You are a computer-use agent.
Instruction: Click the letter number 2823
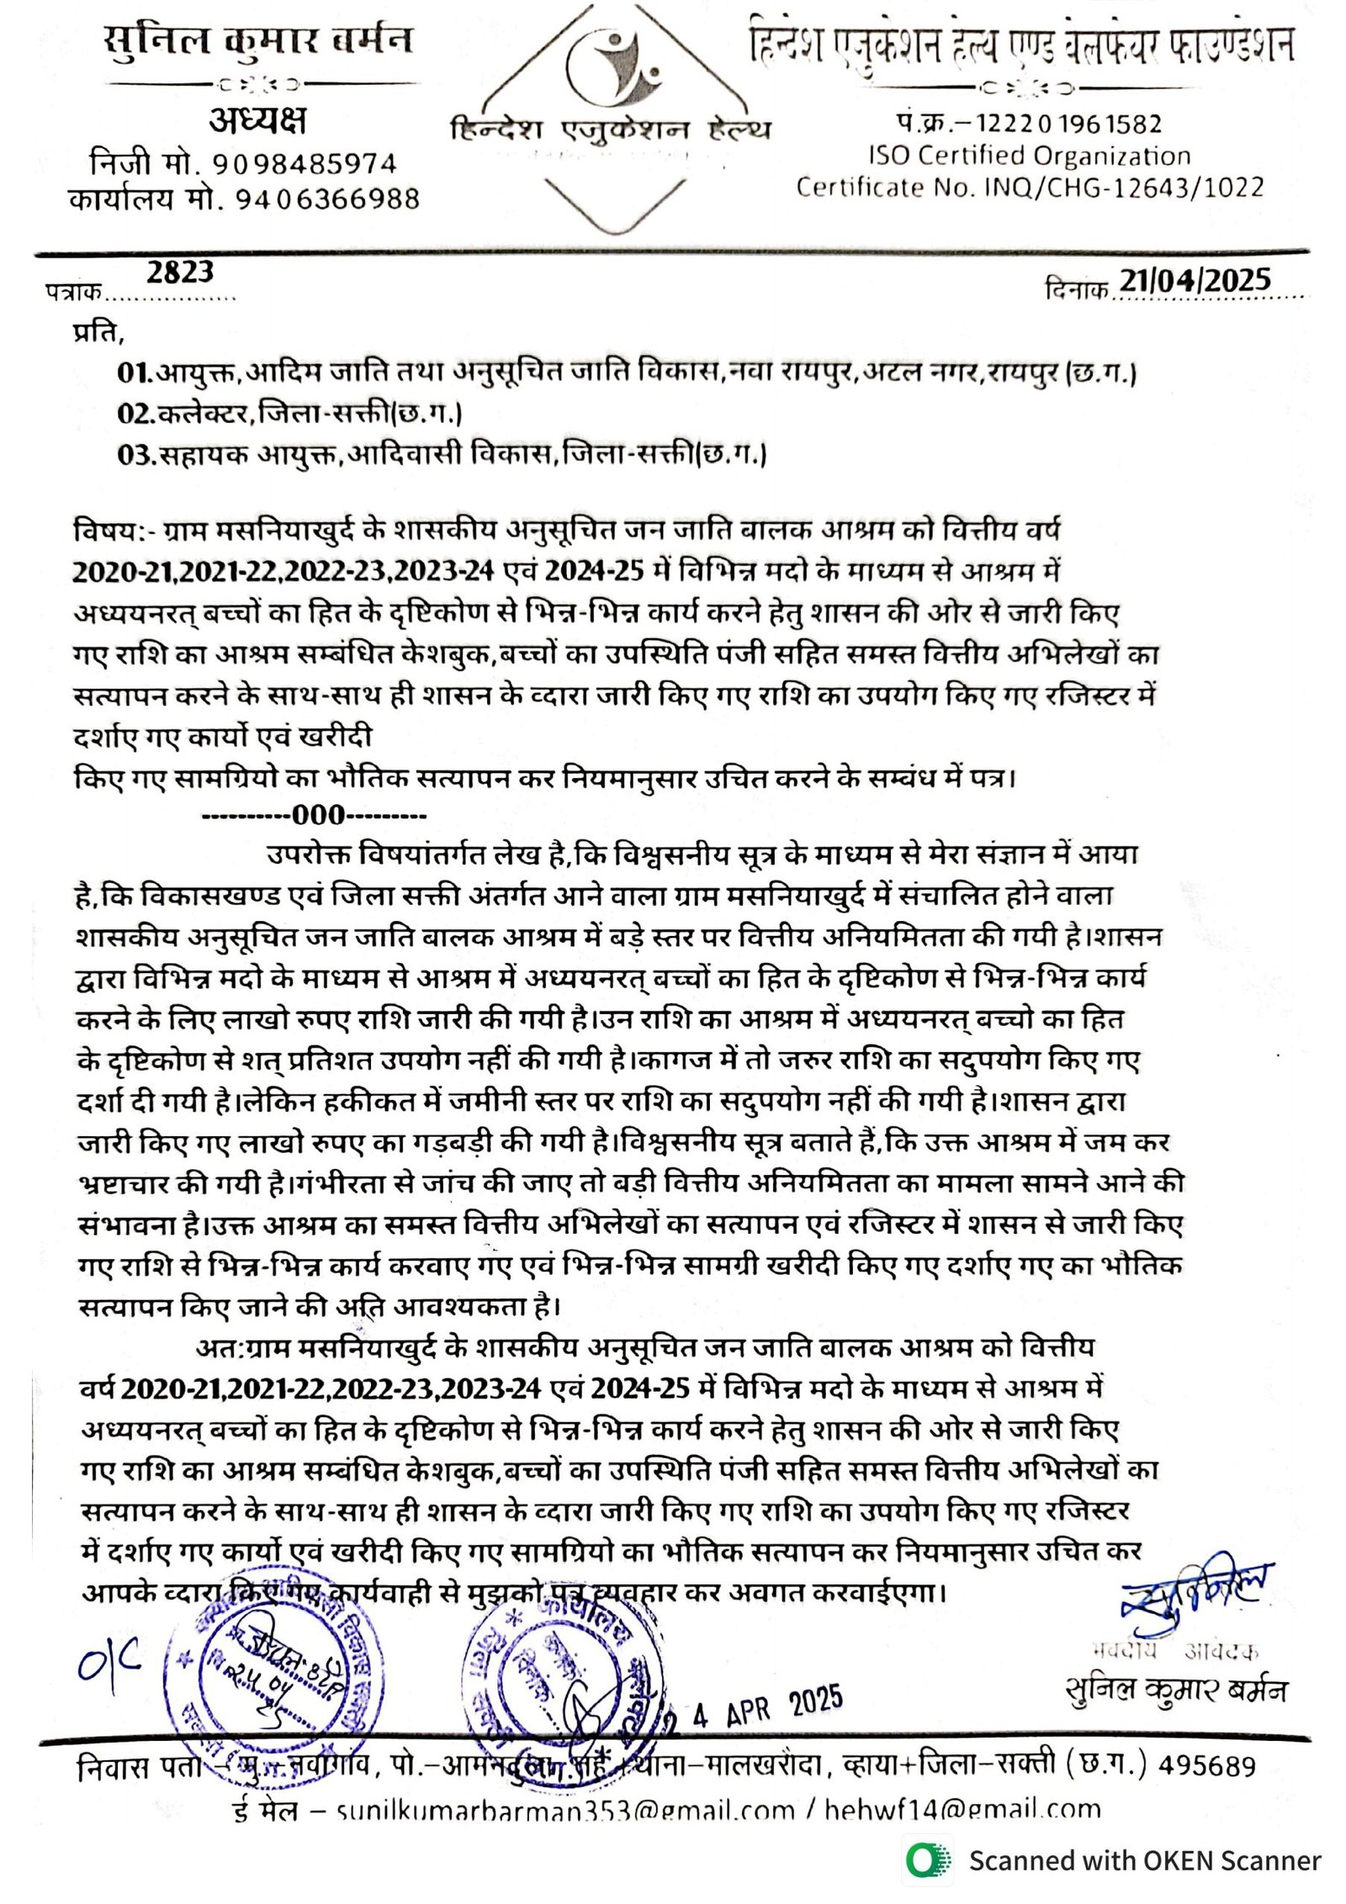click(x=180, y=272)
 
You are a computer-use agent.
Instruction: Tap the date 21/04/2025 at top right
click(x=1194, y=280)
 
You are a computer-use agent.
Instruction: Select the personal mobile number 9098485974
click(x=304, y=163)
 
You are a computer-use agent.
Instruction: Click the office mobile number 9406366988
click(x=327, y=199)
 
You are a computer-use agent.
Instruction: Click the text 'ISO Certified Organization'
click(x=1030, y=156)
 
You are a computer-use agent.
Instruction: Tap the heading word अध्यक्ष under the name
click(x=257, y=121)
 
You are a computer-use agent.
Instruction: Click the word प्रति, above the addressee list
click(x=98, y=332)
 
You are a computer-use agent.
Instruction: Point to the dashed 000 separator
click(x=314, y=814)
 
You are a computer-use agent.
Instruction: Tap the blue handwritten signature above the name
click(x=1195, y=1585)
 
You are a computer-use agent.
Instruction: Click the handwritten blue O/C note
click(x=109, y=1660)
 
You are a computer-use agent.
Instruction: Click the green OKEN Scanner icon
click(x=928, y=1859)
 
